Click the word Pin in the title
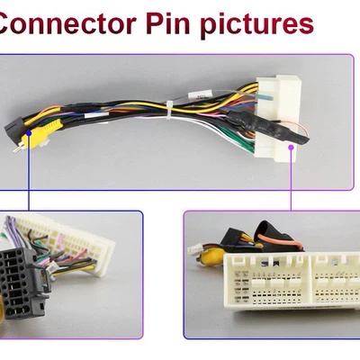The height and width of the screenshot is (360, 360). [168, 23]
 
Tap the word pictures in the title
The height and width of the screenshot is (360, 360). [256, 25]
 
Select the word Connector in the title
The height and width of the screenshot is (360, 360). [67, 23]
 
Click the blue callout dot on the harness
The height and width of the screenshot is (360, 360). [29, 133]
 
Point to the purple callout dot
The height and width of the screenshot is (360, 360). [291, 147]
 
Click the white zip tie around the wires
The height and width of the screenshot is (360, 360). [169, 111]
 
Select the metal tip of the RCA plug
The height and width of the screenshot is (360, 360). [17, 148]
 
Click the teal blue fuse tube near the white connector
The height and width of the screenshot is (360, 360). [265, 98]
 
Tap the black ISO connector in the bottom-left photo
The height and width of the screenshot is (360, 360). [22, 282]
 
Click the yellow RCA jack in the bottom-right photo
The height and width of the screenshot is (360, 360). [210, 257]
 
